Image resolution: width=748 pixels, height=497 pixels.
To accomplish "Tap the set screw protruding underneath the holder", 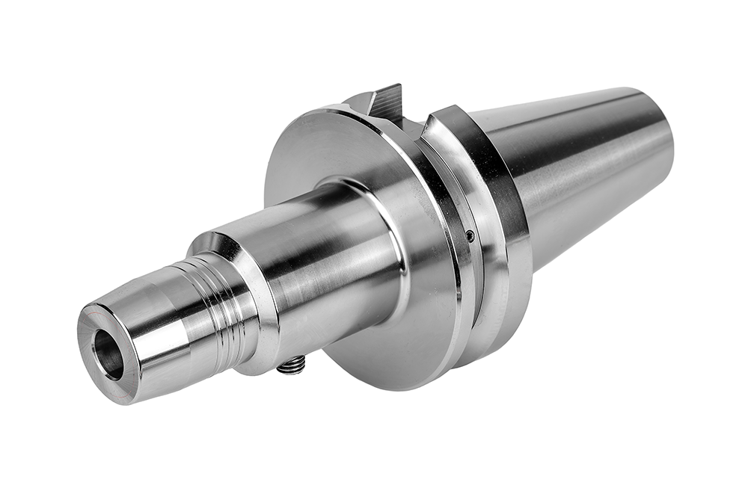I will pos(292,365).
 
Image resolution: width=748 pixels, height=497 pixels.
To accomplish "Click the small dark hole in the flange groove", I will pos(470,236).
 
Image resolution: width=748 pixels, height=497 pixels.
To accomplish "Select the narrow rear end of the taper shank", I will pos(658,142).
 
